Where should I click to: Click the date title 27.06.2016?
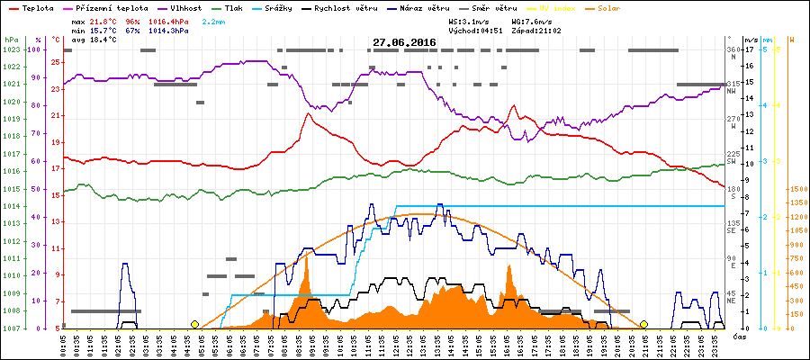pyautogui.click(x=404, y=42)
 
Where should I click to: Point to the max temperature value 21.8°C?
pyautogui.click(x=101, y=21)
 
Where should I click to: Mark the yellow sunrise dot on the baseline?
pyautogui.click(x=194, y=324)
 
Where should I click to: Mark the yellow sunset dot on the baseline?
pyautogui.click(x=643, y=324)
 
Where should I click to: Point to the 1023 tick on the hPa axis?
pyautogui.click(x=11, y=49)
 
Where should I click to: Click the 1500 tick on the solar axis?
pyautogui.click(x=798, y=190)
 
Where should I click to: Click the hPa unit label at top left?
pyautogui.click(x=11, y=40)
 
